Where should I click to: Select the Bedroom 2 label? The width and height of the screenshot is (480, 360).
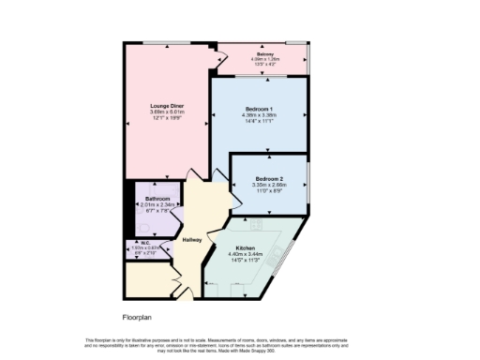(x=268, y=178)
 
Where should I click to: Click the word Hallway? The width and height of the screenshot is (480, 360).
(x=192, y=240)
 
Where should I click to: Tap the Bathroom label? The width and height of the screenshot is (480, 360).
(x=157, y=199)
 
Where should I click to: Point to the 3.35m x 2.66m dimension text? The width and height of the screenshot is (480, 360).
(x=268, y=185)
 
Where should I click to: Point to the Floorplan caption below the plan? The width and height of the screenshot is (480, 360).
(x=137, y=317)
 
